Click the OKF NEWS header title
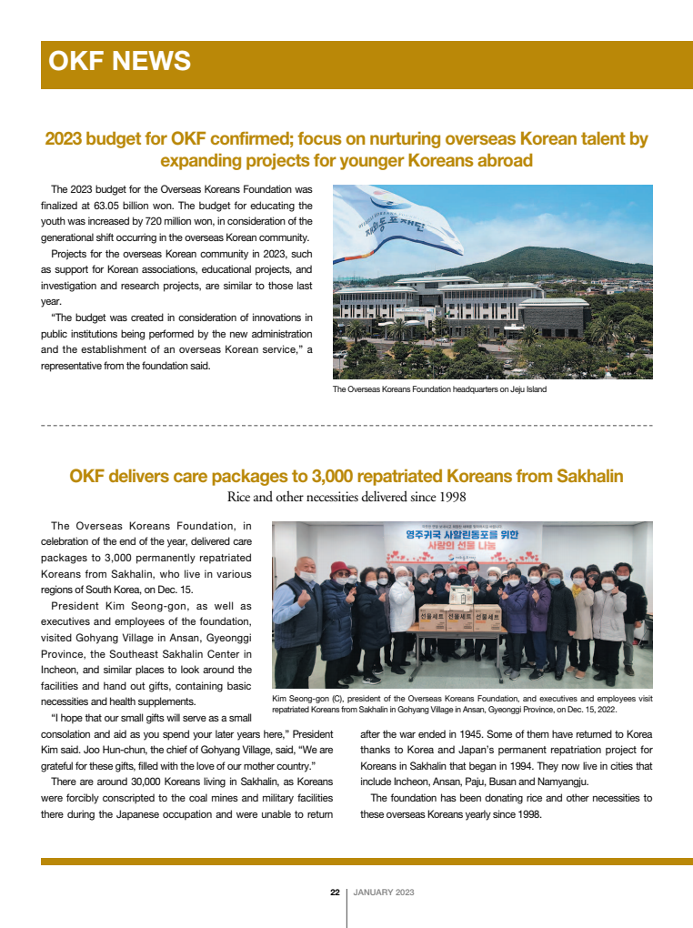click(119, 61)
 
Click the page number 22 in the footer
click(335, 893)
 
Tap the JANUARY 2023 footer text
click(384, 893)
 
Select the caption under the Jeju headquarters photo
click(439, 389)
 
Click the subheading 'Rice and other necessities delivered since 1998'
click(346, 497)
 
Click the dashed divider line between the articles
click(346, 425)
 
